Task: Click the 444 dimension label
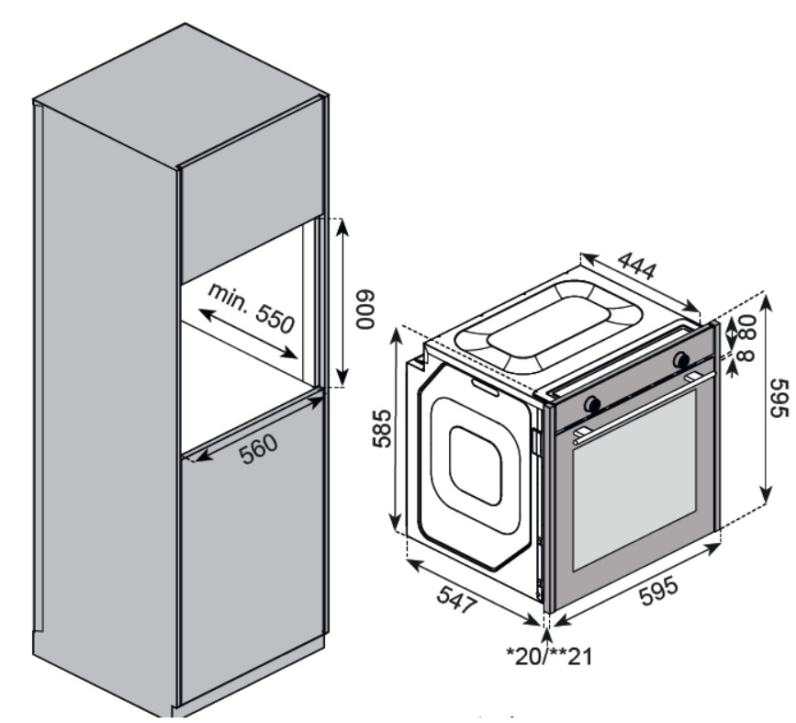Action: click(x=636, y=266)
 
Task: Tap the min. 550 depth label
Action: click(x=250, y=307)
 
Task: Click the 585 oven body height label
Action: click(x=382, y=427)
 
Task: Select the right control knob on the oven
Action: click(x=682, y=359)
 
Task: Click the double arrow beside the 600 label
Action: click(x=342, y=303)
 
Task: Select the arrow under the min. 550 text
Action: click(x=249, y=333)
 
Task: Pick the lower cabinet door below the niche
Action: click(x=252, y=551)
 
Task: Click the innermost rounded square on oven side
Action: click(x=475, y=464)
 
